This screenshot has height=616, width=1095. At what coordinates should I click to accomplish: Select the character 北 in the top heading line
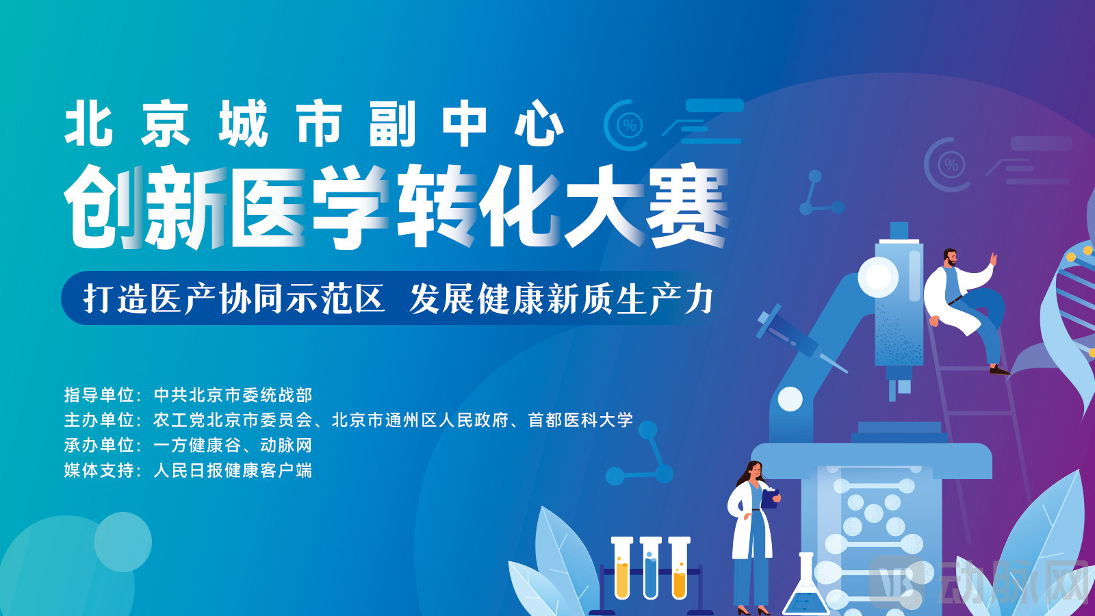click(x=89, y=123)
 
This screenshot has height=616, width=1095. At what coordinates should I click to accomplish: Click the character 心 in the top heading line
click(x=539, y=123)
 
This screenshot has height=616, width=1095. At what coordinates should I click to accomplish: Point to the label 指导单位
click(x=99, y=395)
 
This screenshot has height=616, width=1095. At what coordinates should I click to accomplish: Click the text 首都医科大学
click(x=580, y=420)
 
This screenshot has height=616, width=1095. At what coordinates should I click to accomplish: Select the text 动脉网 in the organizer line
click(x=286, y=446)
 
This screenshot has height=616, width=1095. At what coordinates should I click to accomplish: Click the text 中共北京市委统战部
click(x=233, y=395)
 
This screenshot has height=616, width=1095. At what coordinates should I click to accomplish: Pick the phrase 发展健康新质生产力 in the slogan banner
click(x=561, y=298)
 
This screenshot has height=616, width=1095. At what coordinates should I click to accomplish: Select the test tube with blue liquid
click(x=651, y=568)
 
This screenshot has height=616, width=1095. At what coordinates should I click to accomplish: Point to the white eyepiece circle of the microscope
click(x=878, y=277)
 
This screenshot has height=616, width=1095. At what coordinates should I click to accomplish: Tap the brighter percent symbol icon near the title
click(x=630, y=126)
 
